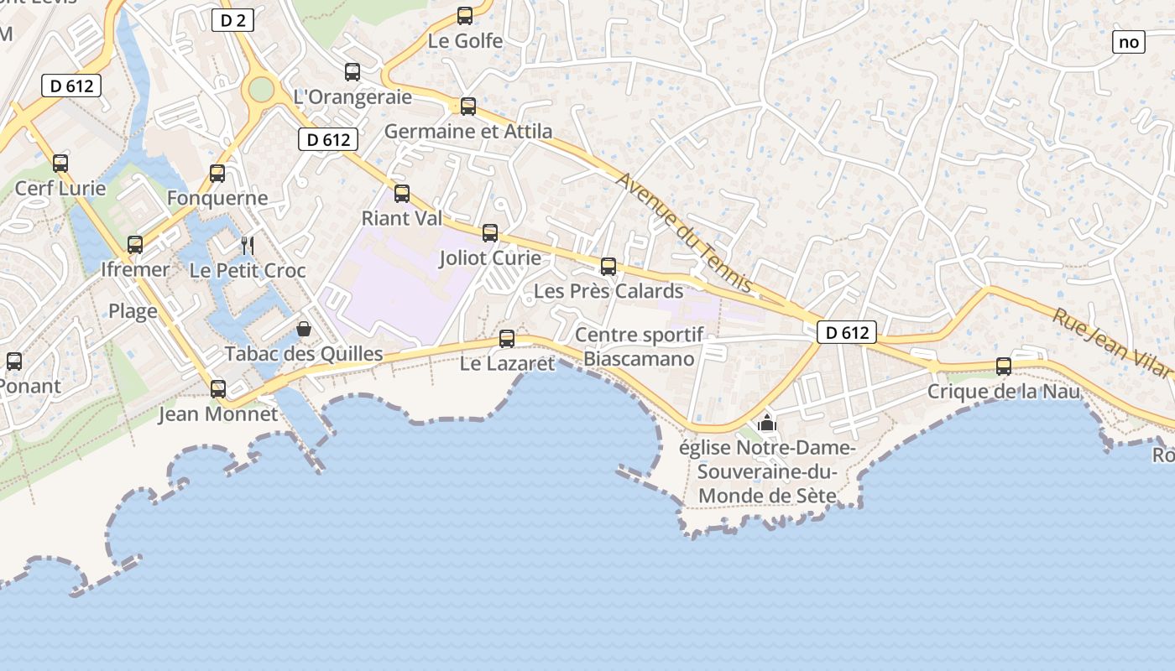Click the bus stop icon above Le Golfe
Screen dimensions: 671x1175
point(465,16)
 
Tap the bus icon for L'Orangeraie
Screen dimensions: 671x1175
point(352,72)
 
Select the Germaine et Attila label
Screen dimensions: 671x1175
point(468,132)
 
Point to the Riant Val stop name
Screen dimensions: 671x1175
point(402,218)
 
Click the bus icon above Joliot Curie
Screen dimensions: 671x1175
point(490,233)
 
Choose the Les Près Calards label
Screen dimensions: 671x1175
point(608,291)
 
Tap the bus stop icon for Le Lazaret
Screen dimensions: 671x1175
point(507,339)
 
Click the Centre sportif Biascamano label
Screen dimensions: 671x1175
point(640,347)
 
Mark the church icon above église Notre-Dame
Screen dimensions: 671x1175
point(766,424)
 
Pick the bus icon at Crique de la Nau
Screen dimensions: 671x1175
point(1004,367)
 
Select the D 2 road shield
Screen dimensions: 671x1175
point(232,21)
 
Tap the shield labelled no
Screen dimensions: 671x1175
point(1129,41)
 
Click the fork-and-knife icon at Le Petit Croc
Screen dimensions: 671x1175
point(248,245)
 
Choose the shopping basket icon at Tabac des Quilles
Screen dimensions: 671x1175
point(304,329)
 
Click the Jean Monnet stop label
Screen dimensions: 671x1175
point(218,414)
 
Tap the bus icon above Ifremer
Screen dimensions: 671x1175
point(135,245)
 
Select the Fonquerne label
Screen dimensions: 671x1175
point(217,198)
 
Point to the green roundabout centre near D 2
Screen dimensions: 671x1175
point(262,89)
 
